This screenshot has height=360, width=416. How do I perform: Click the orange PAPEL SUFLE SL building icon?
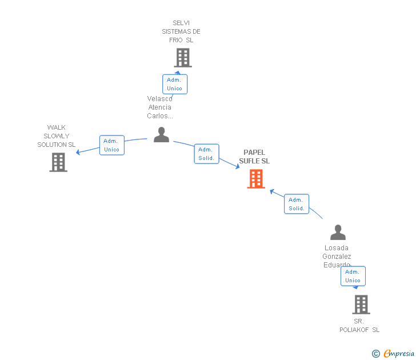[x=255, y=179]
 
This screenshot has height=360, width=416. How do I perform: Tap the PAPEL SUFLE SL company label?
[x=254, y=157]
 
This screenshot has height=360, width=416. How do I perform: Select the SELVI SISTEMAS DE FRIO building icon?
[x=183, y=58]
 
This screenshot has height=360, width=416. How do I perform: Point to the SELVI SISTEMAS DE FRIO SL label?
[x=181, y=32]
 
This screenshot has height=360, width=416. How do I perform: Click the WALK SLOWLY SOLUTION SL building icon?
[x=58, y=162]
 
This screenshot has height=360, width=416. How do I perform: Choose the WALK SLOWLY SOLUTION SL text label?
[x=57, y=136]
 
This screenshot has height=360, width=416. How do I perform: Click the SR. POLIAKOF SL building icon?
[x=361, y=305]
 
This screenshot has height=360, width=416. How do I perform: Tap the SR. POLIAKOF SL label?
[x=359, y=326]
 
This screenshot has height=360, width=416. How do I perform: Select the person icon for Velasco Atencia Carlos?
[x=162, y=135]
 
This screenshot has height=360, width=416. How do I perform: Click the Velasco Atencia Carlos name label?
[x=160, y=107]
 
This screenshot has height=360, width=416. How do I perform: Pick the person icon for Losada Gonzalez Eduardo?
[x=338, y=233]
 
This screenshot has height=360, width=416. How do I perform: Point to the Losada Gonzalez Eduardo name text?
[x=337, y=256]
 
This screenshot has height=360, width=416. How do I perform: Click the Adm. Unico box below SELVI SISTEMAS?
[x=174, y=84]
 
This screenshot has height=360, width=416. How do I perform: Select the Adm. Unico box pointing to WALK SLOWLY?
[x=111, y=145]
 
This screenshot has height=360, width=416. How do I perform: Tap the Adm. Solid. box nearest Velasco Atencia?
[x=206, y=154]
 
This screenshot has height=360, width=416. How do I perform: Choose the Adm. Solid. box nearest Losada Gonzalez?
[x=297, y=204]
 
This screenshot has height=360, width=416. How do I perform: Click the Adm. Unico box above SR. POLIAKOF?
[x=353, y=276]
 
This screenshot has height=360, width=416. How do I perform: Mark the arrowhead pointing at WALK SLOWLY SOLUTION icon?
[x=79, y=152]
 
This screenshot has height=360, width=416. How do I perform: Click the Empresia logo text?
[x=398, y=353]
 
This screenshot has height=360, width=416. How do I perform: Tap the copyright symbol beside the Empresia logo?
[x=375, y=354]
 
